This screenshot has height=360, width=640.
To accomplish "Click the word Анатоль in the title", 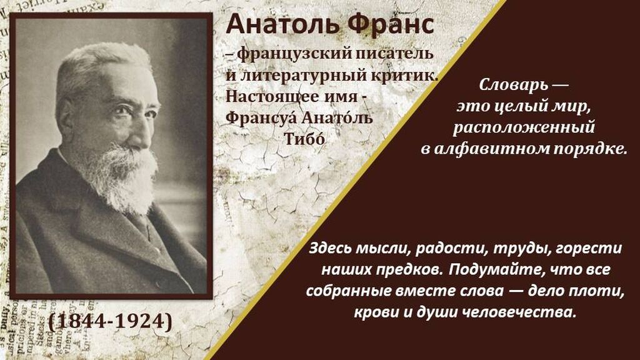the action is pyautogui.click(x=282, y=24).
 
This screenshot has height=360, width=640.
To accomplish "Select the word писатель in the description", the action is pyautogui.click(x=394, y=54).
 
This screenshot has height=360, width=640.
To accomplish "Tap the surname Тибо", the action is pyautogui.click(x=304, y=139).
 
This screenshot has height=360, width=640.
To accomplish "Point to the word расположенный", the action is pyautogui.click(x=524, y=127).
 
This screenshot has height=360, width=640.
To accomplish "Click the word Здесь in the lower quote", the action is pyautogui.click(x=330, y=248).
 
